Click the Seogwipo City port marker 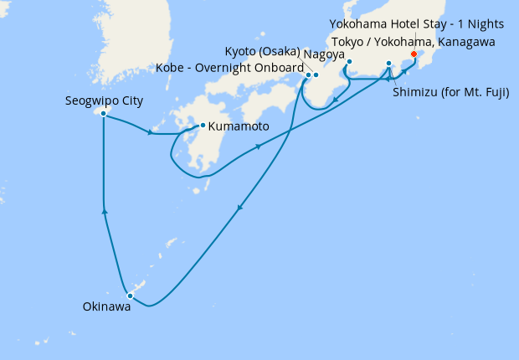tap(103, 113)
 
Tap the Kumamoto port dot tap(203, 126)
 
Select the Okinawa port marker tap(130, 296)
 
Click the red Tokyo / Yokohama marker tap(414, 54)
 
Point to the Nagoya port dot tap(349, 62)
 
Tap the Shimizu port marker tap(388, 64)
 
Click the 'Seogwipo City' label tap(104, 100)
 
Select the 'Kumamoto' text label tap(239, 126)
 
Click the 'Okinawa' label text tap(106, 308)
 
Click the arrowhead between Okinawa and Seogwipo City tap(104, 212)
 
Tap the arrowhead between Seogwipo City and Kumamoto tap(150, 131)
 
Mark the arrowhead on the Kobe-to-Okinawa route tap(240, 209)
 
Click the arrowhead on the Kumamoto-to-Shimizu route tap(259, 147)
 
